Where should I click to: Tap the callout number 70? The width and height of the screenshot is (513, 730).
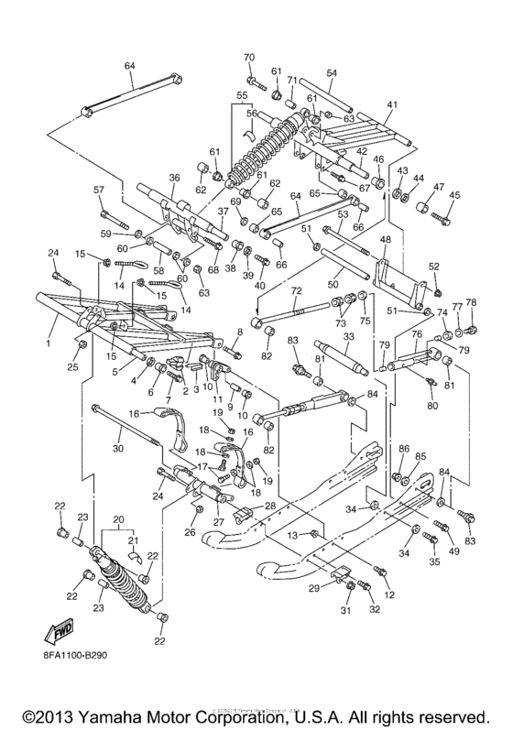(x=248, y=59)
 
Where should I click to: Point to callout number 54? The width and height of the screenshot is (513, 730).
(x=332, y=72)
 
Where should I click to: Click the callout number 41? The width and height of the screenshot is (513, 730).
(x=392, y=106)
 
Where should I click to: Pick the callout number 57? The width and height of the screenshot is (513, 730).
(x=100, y=190)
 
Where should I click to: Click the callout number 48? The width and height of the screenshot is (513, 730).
(x=385, y=240)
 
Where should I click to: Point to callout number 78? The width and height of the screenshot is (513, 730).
(x=472, y=303)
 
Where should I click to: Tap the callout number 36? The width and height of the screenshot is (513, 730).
(x=174, y=179)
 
